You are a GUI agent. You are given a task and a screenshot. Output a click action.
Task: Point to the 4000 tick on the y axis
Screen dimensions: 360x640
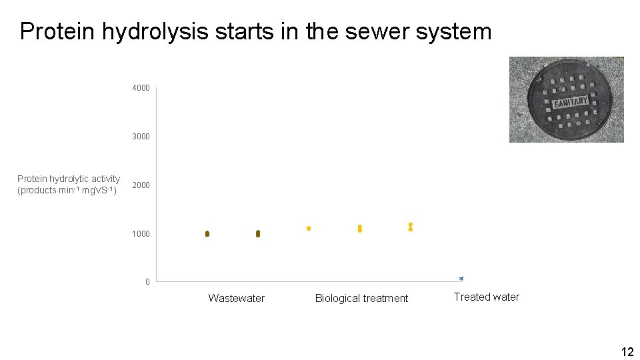pos(141,88)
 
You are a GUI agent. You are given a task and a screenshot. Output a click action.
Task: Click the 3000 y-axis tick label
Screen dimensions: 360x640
pos(141,137)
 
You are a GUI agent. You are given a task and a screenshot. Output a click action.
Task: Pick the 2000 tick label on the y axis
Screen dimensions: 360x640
pos(141,185)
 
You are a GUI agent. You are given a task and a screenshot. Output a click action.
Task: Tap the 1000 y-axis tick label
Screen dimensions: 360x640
pos(141,234)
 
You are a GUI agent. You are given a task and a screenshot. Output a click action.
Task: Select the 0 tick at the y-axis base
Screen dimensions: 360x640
pos(148,282)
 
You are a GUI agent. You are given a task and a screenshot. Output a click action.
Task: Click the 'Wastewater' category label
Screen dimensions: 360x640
pos(236,298)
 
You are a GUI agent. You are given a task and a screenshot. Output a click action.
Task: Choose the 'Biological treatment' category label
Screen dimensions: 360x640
pos(361,298)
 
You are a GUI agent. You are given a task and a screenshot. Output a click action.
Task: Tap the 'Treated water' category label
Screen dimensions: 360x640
pos(486,297)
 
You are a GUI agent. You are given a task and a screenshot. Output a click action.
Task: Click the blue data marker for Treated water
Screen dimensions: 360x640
pos(461,279)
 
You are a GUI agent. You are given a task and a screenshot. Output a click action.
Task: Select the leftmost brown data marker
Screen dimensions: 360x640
pos(207,233)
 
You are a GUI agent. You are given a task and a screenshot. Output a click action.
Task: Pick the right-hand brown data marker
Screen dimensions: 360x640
pos(258,234)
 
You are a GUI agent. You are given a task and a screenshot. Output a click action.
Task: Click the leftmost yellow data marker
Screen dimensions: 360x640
pos(309,228)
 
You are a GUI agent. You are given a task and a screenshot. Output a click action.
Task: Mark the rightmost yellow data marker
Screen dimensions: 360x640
pos(411,227)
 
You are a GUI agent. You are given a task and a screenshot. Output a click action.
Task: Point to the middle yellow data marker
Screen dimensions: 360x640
pos(360,229)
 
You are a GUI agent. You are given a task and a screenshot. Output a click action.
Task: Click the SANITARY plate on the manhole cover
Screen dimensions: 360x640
pos(571,103)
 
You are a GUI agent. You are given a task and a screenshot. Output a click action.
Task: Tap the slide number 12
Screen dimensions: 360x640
pos(627,351)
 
